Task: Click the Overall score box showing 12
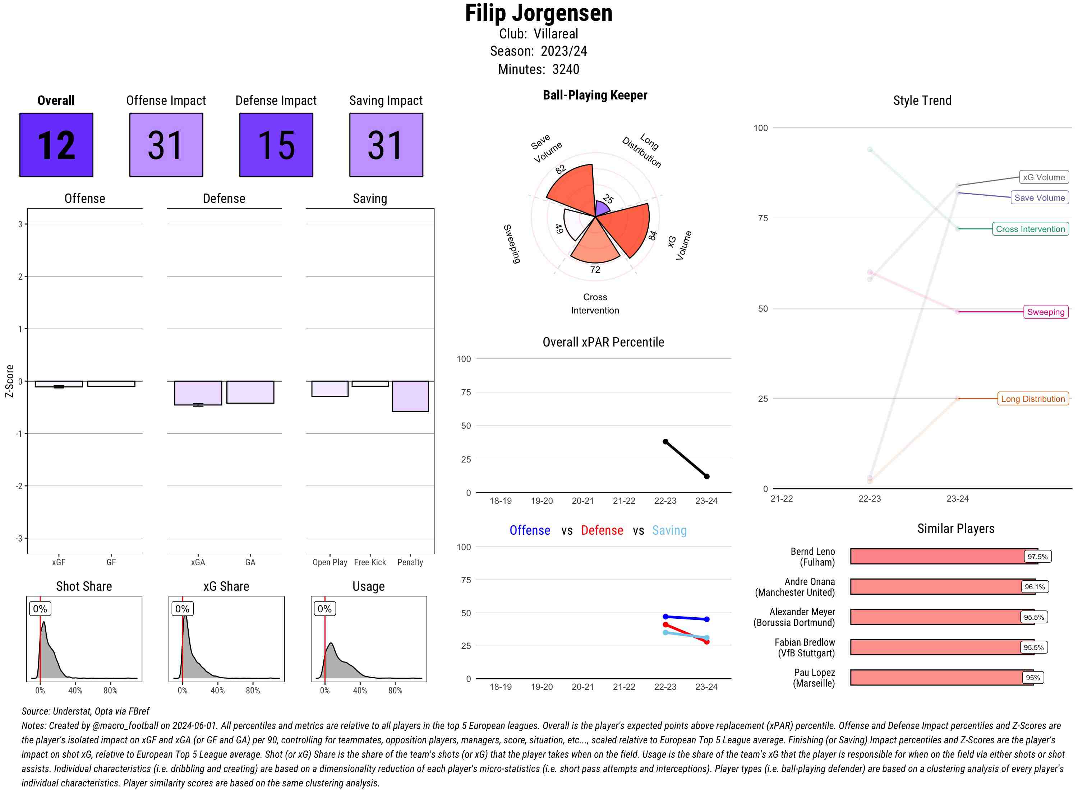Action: (x=56, y=145)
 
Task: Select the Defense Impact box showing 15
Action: (x=276, y=145)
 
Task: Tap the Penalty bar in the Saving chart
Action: (x=410, y=396)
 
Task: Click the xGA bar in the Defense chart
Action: (x=198, y=392)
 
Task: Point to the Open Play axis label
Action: (x=330, y=562)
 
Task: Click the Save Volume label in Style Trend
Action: (x=1039, y=197)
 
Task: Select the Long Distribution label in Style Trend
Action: (x=1033, y=399)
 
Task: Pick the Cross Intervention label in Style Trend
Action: (x=1030, y=229)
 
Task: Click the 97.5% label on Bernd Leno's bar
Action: (x=1037, y=557)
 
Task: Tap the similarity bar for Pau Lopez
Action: (x=941, y=678)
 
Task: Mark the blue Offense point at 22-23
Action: (x=665, y=617)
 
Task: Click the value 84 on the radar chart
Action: (x=652, y=235)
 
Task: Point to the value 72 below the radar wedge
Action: (x=595, y=270)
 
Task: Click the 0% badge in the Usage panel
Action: (x=324, y=609)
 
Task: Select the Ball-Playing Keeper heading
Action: (x=595, y=95)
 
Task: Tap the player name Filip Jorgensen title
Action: (x=539, y=13)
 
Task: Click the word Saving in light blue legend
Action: (x=669, y=530)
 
